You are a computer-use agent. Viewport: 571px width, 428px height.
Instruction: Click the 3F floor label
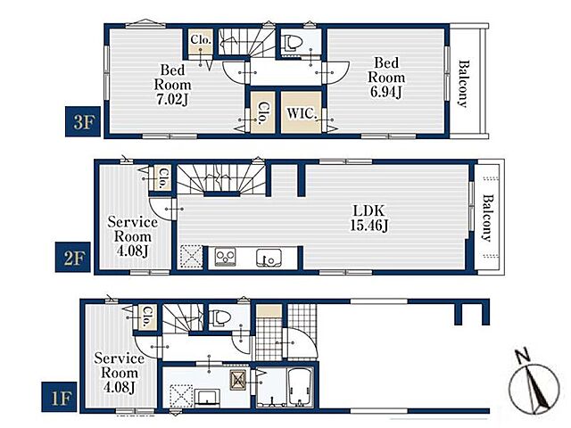coord(83,122)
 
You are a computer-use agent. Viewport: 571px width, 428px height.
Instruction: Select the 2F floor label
coord(73,257)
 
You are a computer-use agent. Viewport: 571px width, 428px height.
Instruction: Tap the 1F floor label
coord(59,397)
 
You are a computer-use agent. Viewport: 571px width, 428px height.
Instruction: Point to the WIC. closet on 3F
coord(301,113)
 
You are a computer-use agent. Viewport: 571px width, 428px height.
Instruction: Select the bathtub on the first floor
coord(301,386)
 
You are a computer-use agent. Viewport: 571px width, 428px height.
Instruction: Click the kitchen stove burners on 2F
coord(225,256)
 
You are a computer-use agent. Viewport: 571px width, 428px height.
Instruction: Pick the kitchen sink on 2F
coord(269,257)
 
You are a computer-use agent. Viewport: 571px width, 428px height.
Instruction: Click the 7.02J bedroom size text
coord(172,99)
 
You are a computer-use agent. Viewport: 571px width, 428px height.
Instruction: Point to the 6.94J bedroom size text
coord(386,92)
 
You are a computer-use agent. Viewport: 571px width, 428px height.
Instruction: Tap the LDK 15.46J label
coord(368,218)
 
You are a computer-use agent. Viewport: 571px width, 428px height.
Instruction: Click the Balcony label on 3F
coord(464,84)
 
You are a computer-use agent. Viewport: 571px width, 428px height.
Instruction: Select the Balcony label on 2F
coord(488,218)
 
